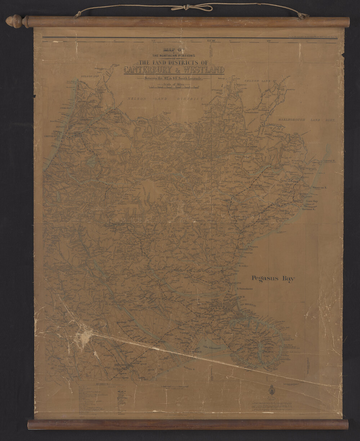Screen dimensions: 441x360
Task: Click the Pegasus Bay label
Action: click(273, 279)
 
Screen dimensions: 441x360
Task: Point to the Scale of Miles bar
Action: click(174, 87)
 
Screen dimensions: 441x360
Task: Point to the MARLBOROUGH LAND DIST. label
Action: click(306, 120)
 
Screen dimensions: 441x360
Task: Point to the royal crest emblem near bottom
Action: click(272, 390)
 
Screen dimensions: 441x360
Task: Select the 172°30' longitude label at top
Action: click(211, 41)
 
